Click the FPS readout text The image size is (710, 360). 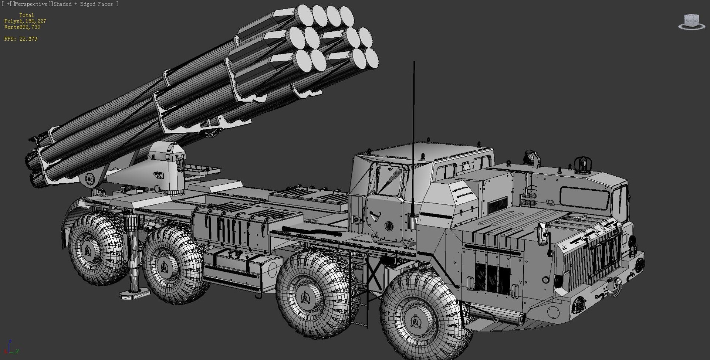click(x=21, y=39)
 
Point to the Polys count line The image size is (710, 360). click(x=25, y=21)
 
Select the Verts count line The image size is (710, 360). click(x=22, y=27)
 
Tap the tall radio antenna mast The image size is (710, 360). click(x=414, y=140)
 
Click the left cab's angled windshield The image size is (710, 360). click(x=388, y=181)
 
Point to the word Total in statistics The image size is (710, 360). click(x=26, y=15)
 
